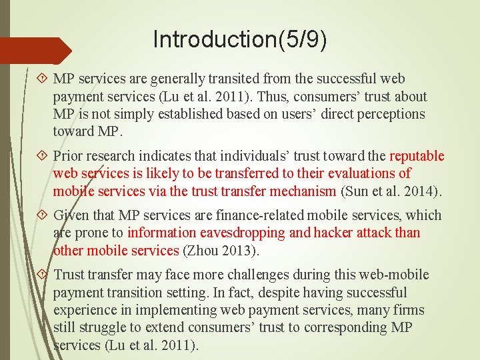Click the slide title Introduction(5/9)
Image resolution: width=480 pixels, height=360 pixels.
[240, 39]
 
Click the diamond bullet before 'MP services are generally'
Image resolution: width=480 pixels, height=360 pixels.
[43, 79]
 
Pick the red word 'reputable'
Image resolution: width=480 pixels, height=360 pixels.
[417, 156]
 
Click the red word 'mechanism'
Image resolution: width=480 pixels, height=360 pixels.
[303, 191]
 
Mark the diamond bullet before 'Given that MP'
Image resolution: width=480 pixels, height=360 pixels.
[43, 215]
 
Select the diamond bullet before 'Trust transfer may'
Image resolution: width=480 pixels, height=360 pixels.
[43, 275]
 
